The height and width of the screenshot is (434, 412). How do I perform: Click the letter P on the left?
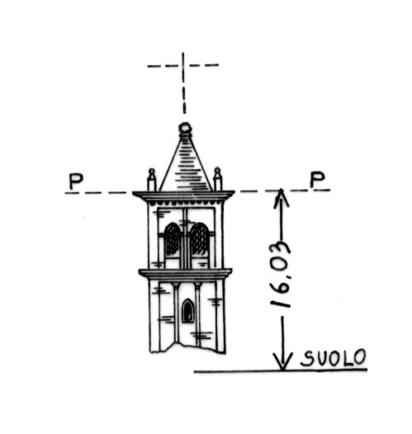(76, 182)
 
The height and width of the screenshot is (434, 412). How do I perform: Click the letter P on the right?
(317, 179)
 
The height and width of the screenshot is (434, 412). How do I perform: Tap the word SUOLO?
(333, 358)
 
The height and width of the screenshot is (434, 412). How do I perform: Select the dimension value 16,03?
(281, 275)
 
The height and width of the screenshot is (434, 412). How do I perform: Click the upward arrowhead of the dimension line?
(281, 197)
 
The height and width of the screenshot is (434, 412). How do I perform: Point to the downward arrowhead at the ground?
(282, 361)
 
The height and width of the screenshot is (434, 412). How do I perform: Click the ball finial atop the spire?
(185, 128)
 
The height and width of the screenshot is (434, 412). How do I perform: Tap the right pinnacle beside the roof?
(218, 179)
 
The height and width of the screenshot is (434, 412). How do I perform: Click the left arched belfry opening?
(173, 239)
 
